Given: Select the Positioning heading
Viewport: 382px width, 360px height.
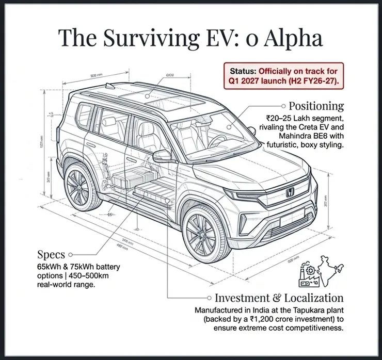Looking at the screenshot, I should click(316, 106).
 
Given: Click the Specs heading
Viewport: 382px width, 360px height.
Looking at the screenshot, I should click(51, 254).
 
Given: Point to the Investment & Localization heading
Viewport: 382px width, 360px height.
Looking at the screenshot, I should click(279, 298).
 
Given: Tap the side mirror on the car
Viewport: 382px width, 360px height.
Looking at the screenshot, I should click(162, 155).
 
